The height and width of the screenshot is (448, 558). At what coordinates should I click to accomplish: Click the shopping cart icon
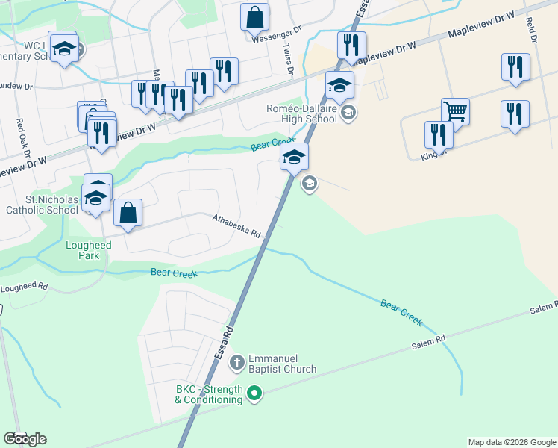point(454,112)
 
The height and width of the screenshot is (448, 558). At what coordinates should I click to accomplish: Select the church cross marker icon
point(237,364)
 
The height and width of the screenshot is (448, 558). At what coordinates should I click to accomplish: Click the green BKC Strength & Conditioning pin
point(254,392)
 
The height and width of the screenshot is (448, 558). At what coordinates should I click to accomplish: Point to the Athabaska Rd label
point(236,225)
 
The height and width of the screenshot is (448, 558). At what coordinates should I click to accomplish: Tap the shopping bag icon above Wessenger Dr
point(254,16)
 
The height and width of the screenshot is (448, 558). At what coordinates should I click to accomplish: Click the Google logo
point(25,438)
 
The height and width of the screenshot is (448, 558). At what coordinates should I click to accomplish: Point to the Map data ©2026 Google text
point(512,442)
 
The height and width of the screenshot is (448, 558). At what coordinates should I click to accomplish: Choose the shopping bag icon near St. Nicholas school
point(128,212)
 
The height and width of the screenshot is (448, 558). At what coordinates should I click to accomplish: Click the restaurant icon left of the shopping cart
point(439,134)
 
